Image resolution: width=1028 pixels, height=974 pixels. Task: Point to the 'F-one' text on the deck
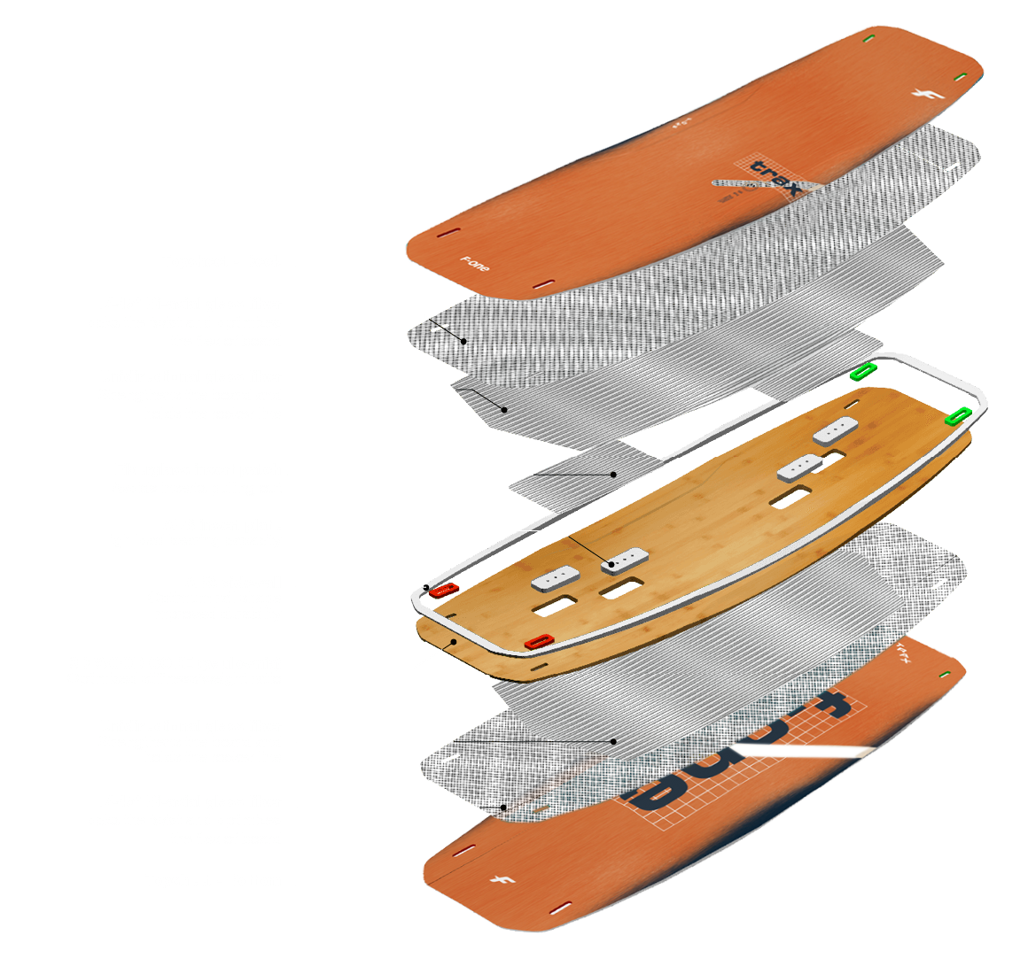click(x=475, y=263)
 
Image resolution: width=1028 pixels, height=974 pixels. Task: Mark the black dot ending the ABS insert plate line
click(x=611, y=563)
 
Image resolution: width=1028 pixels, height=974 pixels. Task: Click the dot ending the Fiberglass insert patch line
click(x=613, y=475)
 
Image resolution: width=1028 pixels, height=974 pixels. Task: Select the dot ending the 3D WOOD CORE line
click(x=454, y=642)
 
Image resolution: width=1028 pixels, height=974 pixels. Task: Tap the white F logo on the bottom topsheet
click(x=497, y=878)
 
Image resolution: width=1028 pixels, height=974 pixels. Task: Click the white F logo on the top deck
click(x=919, y=96)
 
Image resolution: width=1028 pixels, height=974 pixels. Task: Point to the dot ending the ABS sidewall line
click(x=426, y=587)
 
